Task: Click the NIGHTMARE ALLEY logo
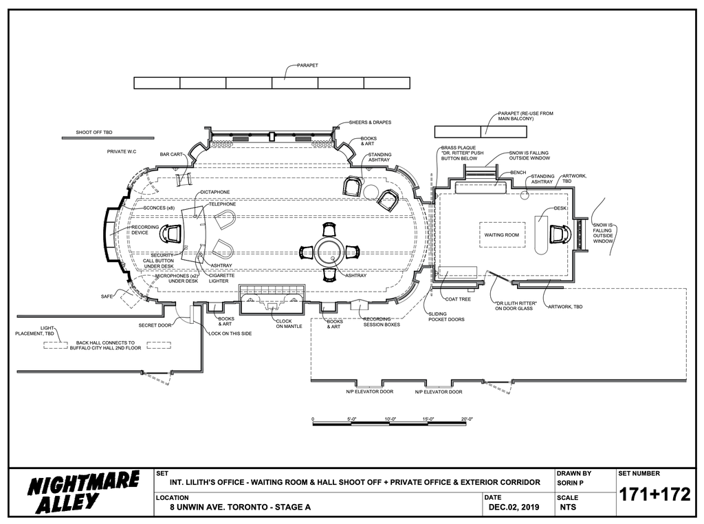pyautogui.click(x=83, y=492)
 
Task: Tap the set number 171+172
pyautogui.click(x=654, y=495)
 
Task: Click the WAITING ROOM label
pyautogui.click(x=501, y=234)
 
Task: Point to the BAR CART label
pyautogui.click(x=171, y=155)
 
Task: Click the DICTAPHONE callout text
pyautogui.click(x=215, y=192)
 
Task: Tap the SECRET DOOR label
pyautogui.click(x=155, y=325)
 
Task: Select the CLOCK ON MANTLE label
pyautogui.click(x=289, y=324)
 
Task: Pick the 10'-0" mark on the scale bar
pyautogui.click(x=390, y=419)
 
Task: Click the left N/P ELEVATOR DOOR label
pyautogui.click(x=369, y=391)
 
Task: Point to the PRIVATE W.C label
pyautogui.click(x=121, y=152)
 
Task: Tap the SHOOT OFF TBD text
pyautogui.click(x=93, y=133)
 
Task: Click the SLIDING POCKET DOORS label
pyautogui.click(x=446, y=316)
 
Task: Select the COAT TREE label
pyautogui.click(x=458, y=299)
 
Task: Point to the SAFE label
pyautogui.click(x=107, y=296)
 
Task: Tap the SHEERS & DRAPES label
pyautogui.click(x=370, y=122)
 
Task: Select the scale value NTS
pyautogui.click(x=568, y=507)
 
